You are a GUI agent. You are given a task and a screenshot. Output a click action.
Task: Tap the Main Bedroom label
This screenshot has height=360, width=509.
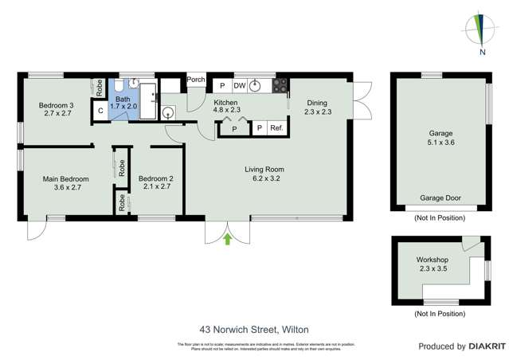coord(65,179)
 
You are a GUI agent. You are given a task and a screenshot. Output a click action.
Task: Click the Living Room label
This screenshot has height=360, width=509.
coord(264,169)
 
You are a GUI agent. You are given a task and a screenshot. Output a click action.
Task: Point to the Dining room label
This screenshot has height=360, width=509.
coord(318,103)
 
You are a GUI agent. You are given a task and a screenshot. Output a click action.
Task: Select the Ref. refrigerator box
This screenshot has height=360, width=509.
coord(276,128)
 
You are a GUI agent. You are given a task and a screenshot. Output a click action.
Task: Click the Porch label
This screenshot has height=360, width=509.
coord(196,80)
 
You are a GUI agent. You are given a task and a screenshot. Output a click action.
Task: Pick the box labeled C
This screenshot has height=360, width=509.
coord(101,112)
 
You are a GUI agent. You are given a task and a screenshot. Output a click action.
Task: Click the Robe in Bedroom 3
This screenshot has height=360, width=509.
coord(99,88)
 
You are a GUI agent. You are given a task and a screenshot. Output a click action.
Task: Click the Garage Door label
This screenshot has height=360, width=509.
coord(440,198)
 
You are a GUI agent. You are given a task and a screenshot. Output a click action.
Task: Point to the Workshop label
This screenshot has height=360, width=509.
coord(433,260)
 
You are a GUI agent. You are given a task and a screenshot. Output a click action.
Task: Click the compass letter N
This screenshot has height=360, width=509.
coord(483,53)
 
